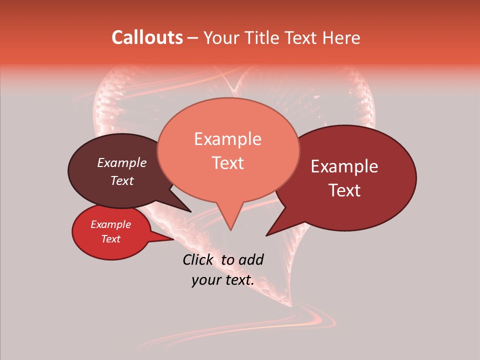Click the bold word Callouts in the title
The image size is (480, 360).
tap(147, 37)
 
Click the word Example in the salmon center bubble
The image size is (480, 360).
tap(227, 139)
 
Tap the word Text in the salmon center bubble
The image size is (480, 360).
tap(227, 162)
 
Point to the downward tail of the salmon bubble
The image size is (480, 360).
tap(230, 220)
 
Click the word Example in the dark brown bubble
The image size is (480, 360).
tap(121, 162)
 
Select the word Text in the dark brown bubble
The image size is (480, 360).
tap(121, 180)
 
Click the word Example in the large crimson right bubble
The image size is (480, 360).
tap(344, 166)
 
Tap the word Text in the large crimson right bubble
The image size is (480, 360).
tap(344, 190)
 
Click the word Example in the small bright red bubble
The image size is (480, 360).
tap(110, 224)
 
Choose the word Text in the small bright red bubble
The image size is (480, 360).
tap(110, 238)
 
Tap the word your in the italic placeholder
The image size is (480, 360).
tap(206, 280)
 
